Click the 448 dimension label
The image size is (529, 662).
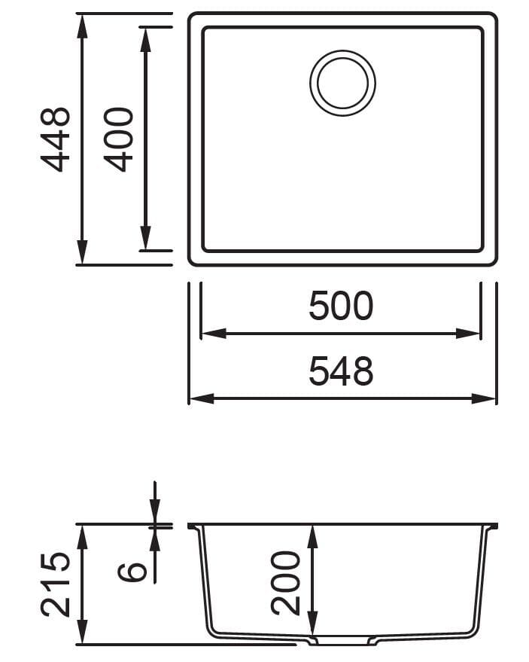point(55,139)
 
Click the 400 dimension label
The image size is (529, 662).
point(118,139)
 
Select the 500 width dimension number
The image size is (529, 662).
point(341,307)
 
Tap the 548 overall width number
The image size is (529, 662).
point(341,371)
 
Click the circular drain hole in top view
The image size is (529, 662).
point(342,83)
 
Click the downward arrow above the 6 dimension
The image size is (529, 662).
point(155,515)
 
